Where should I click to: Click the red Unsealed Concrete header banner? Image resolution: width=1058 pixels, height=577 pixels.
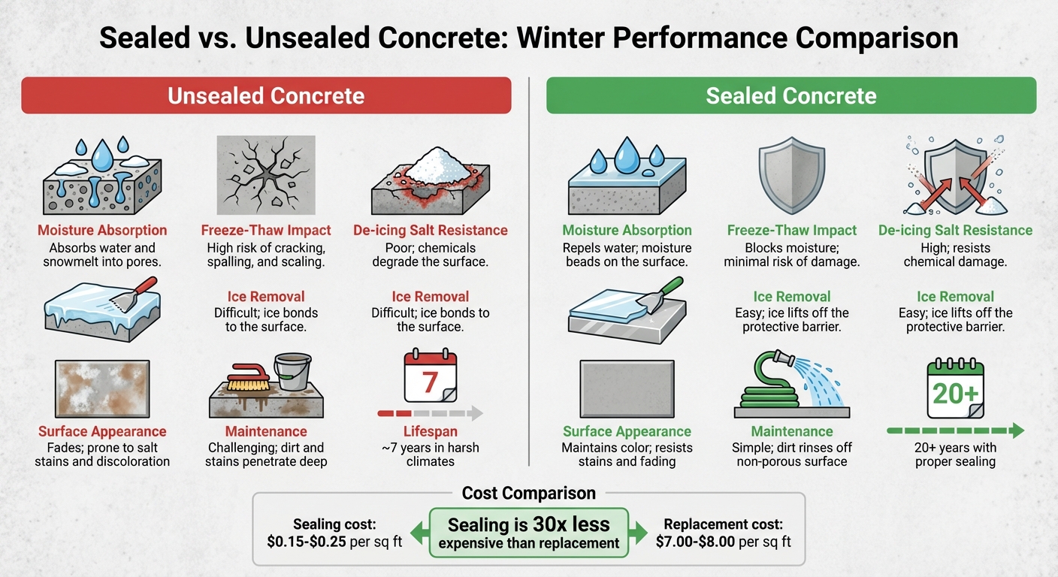[266, 95]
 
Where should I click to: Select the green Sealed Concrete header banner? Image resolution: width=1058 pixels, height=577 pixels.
[790, 95]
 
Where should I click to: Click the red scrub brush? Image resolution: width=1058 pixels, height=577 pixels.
[240, 375]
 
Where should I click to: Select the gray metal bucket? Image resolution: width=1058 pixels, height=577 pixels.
[292, 372]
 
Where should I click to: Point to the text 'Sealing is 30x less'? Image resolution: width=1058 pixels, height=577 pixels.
[529, 524]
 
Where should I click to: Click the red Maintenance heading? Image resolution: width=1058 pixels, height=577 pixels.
[266, 431]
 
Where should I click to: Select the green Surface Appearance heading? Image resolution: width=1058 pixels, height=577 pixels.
[627, 431]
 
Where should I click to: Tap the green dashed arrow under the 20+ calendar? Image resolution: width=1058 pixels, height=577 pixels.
[955, 431]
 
